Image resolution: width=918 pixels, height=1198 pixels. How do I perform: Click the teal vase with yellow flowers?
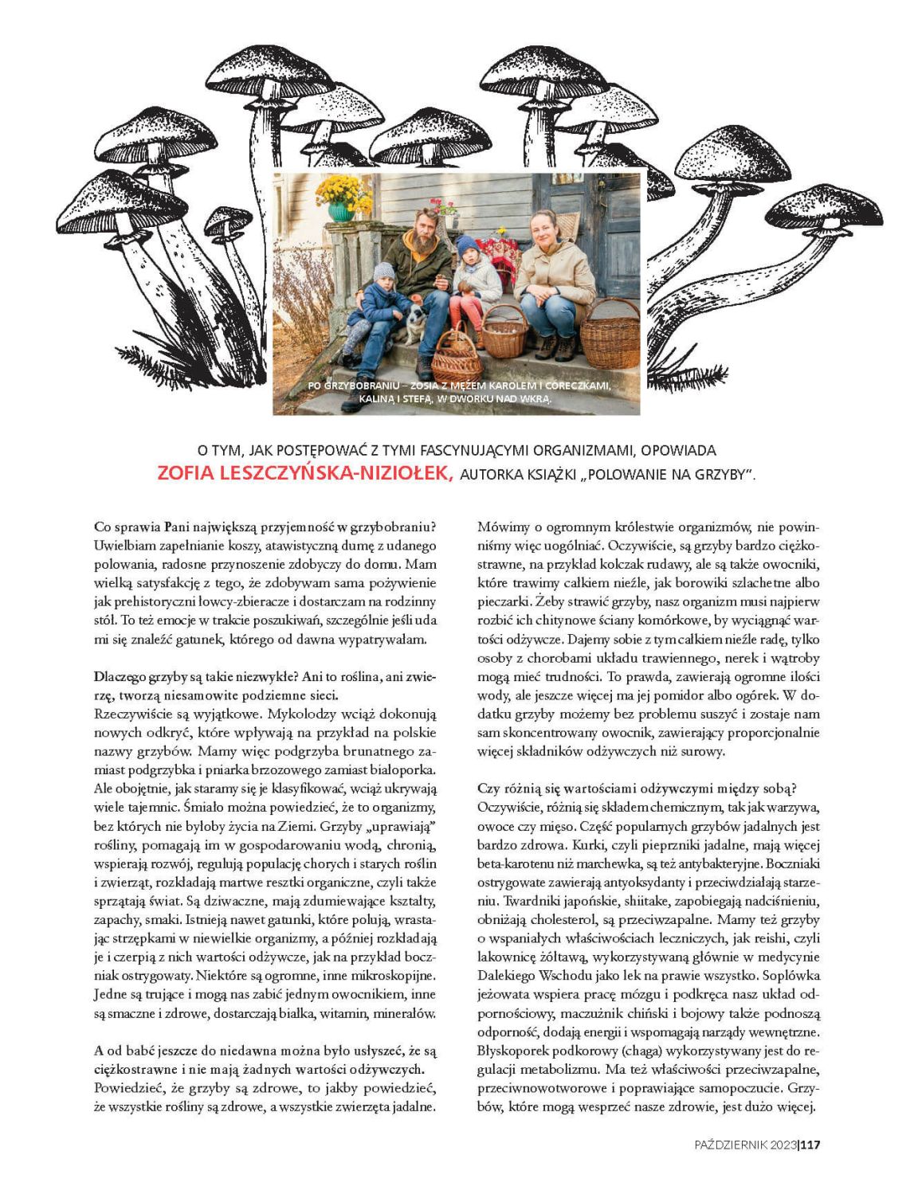click(342, 210)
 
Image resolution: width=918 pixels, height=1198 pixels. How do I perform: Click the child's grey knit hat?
click(384, 271)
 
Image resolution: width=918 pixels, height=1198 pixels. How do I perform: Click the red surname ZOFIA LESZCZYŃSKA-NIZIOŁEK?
click(305, 473)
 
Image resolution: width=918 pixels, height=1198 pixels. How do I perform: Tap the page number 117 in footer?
click(810, 1145)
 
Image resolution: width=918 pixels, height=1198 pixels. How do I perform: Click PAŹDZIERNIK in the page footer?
click(730, 1145)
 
